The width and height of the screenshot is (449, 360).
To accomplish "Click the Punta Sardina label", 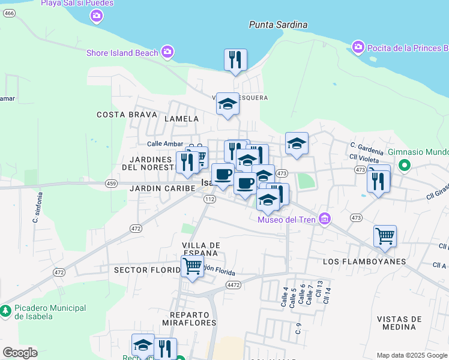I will point(278,25).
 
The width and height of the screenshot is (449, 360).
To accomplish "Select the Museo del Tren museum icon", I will point(325,219).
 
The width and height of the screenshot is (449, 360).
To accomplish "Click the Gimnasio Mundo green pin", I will point(405,164).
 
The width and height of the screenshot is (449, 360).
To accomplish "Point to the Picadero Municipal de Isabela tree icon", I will point(5,311).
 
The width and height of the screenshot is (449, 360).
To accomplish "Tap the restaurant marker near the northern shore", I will point(235,61).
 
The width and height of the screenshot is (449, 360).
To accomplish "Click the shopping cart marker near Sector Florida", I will point(192,266).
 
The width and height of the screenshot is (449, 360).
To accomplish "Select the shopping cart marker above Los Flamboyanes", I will point(384,235).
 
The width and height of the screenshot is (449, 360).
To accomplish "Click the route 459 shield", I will point(110,183).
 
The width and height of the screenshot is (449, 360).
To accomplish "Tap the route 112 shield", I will point(209,199).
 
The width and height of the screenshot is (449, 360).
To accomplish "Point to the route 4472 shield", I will point(234,285).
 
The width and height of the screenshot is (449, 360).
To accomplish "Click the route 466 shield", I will point(9,13).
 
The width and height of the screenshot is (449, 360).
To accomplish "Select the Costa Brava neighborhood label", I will point(127,114).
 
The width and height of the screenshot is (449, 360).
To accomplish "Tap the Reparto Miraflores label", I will point(193,319).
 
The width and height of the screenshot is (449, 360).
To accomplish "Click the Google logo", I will point(20,353).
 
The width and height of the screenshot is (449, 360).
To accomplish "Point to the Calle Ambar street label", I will point(164,143).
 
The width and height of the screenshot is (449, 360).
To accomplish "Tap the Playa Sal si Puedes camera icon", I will point(97,16).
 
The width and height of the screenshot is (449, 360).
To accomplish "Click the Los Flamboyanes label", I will point(364,262).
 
